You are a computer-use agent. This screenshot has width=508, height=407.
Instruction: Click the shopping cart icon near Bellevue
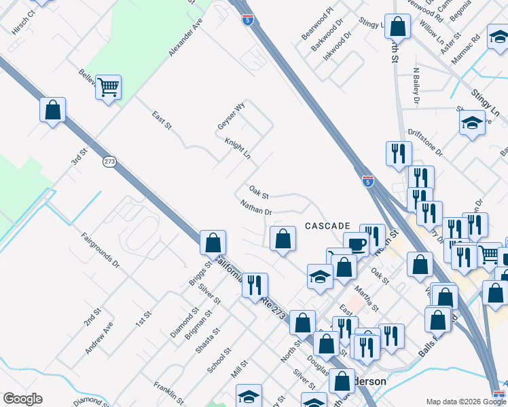pos(108,88)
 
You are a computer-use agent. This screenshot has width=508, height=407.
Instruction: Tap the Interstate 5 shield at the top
pos(248,18)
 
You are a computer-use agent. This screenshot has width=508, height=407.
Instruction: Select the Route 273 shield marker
pos(110,162)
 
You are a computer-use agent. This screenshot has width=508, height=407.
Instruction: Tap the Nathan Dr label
pos(256,208)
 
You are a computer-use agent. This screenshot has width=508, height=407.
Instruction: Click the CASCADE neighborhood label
pos(327,225)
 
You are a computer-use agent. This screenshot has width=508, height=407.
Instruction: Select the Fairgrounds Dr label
pos(101,250)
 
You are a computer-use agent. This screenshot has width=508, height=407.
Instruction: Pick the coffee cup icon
pos(355,244)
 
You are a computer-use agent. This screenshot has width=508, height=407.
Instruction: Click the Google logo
pos(22,399)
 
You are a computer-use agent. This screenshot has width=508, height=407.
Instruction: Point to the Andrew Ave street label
pos(99,341)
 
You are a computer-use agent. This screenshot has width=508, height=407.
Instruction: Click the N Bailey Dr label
pos(416,86)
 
